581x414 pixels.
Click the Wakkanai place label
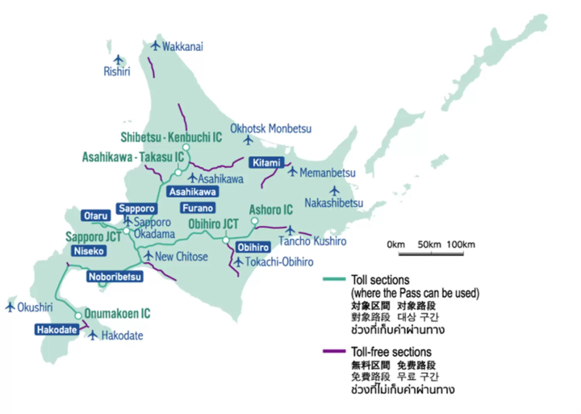coord(182,47)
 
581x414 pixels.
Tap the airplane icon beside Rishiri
coord(119,59)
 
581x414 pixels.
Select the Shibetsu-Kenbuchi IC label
coord(171,137)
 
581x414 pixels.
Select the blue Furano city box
coord(198,207)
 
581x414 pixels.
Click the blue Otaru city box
coord(94,215)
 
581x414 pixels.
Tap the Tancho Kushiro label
coord(312,241)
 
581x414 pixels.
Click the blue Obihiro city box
coord(252,246)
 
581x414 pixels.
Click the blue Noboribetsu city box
coord(114,277)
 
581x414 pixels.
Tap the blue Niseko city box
coord(87,251)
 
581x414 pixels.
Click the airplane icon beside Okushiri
coord(10,307)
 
